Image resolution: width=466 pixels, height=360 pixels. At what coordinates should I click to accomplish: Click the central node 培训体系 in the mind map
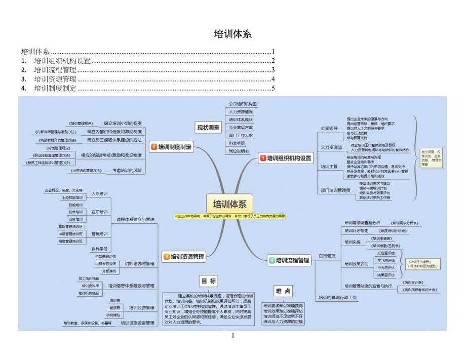coord(229,205)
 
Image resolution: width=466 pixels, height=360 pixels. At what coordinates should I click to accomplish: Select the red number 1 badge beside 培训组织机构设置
coord(263,158)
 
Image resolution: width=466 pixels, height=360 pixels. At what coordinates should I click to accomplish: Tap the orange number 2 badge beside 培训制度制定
coord(154,147)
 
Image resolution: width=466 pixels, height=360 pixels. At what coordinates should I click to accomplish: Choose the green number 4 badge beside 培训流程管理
coord(272,260)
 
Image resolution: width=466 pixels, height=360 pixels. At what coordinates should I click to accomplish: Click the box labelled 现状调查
coord(208,128)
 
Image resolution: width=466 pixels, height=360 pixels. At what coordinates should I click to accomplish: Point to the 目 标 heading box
coord(209,282)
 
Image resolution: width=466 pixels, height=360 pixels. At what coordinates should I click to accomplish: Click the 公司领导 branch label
coord(329,129)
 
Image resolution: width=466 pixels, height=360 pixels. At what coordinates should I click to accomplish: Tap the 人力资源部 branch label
coord(331,147)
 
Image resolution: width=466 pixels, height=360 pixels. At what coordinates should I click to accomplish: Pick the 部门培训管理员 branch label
coord(335,190)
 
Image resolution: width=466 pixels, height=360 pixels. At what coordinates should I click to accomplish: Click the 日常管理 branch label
coord(327,256)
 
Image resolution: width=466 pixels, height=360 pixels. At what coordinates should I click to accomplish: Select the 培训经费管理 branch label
coord(141,307)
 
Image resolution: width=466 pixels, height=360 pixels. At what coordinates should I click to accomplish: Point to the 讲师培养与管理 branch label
coord(139,264)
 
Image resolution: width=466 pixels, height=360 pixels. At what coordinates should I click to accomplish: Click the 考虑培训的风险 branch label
coord(127,171)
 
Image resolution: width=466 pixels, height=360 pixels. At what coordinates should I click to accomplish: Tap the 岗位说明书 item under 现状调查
coord(239,151)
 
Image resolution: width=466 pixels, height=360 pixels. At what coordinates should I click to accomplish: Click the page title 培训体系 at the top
coord(232,34)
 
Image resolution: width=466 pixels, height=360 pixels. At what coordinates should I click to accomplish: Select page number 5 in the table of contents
coord(273,88)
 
